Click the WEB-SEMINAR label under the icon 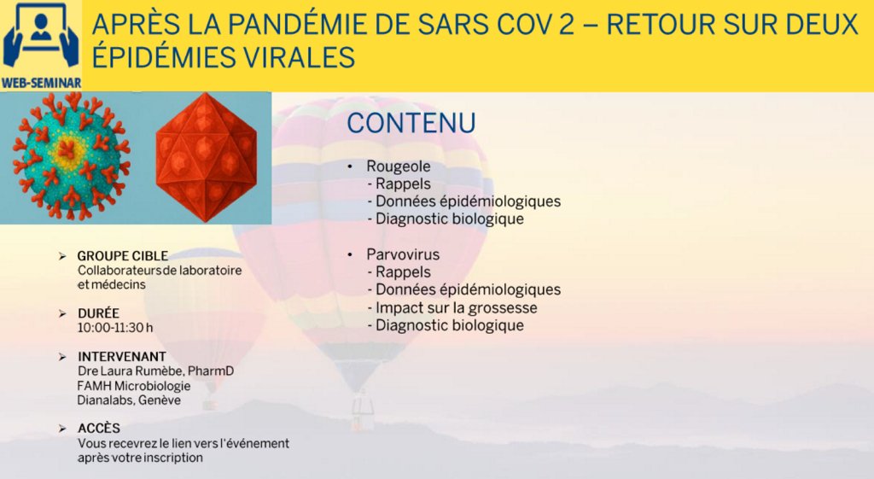pos(41,83)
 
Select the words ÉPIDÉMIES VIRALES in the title pos(223,57)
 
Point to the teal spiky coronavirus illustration pos(71,156)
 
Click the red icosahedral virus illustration pos(207,157)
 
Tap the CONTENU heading pos(411,123)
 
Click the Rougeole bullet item pos(398,166)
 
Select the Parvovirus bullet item pos(403,254)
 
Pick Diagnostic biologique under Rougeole pos(450,219)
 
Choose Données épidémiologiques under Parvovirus pos(469,289)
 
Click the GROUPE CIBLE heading pos(123,256)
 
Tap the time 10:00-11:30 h pos(115,327)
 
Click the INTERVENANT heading pos(122,356)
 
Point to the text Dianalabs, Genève pos(129,400)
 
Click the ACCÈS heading pos(99,429)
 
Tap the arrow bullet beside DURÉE pos(62,313)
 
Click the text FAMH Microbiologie pos(134,386)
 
